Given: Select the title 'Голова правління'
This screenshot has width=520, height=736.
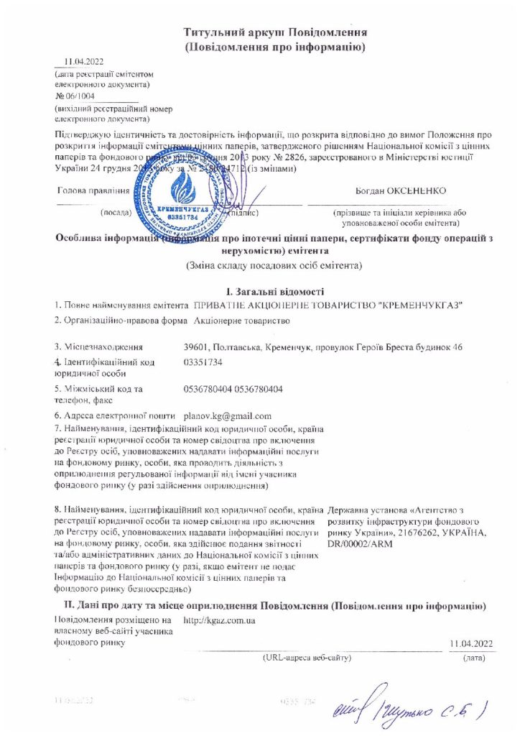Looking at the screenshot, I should coord(93,191).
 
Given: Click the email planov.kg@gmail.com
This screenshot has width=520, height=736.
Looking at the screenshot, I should coord(228,415).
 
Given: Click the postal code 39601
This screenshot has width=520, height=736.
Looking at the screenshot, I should coord(198,348).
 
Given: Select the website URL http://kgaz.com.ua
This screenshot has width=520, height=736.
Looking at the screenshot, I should coord(220,620).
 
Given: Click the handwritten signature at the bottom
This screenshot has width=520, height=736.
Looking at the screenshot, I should coord(409,708).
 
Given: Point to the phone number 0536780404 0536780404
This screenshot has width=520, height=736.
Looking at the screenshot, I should coord(233,389).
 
